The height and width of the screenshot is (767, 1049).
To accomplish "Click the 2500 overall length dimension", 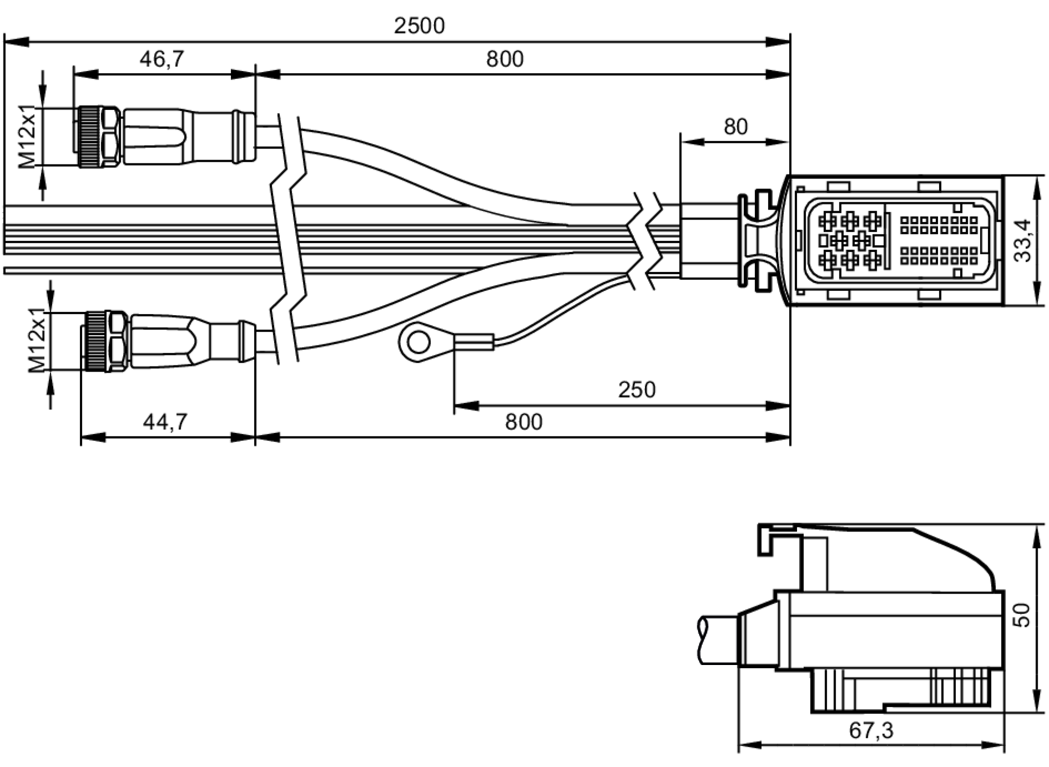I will coord(419,26).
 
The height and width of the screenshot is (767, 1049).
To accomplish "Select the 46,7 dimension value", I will coord(162,59).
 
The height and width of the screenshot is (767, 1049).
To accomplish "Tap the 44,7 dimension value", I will coord(165,421).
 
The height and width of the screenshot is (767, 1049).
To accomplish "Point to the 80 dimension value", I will coord(735,127).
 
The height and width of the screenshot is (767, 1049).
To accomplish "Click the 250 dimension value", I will coord(637,390).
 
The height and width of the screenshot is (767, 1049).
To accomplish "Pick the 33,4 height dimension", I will coord(1023,240).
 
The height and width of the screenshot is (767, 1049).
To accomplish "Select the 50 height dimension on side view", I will coord(1022,615).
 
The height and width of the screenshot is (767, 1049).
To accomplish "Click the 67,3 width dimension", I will coord(871,730).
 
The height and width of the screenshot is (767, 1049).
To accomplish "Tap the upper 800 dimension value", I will coord(505,59).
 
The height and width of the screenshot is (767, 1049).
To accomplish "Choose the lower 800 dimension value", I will coord(523,422).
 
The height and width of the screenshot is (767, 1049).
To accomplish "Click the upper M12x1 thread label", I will coord(27,136).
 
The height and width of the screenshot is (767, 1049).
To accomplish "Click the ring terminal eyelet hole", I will coord(418,343).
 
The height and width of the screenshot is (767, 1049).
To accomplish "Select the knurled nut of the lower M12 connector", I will coord(95,342).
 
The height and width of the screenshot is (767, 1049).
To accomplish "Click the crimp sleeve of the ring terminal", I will coord(474,343).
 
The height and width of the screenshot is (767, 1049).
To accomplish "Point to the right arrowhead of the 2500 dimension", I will coord(778,41).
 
